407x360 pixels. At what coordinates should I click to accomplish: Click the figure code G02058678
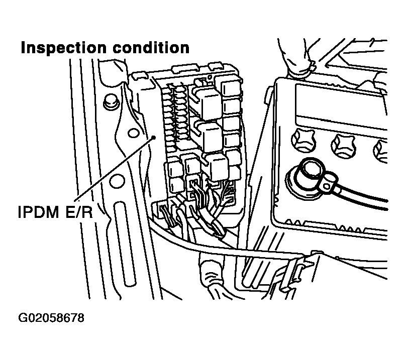point(51,318)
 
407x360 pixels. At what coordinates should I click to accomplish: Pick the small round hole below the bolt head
point(133,133)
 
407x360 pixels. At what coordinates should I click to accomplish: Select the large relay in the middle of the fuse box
point(213,135)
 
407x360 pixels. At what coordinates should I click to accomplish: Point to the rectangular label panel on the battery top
point(342,106)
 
